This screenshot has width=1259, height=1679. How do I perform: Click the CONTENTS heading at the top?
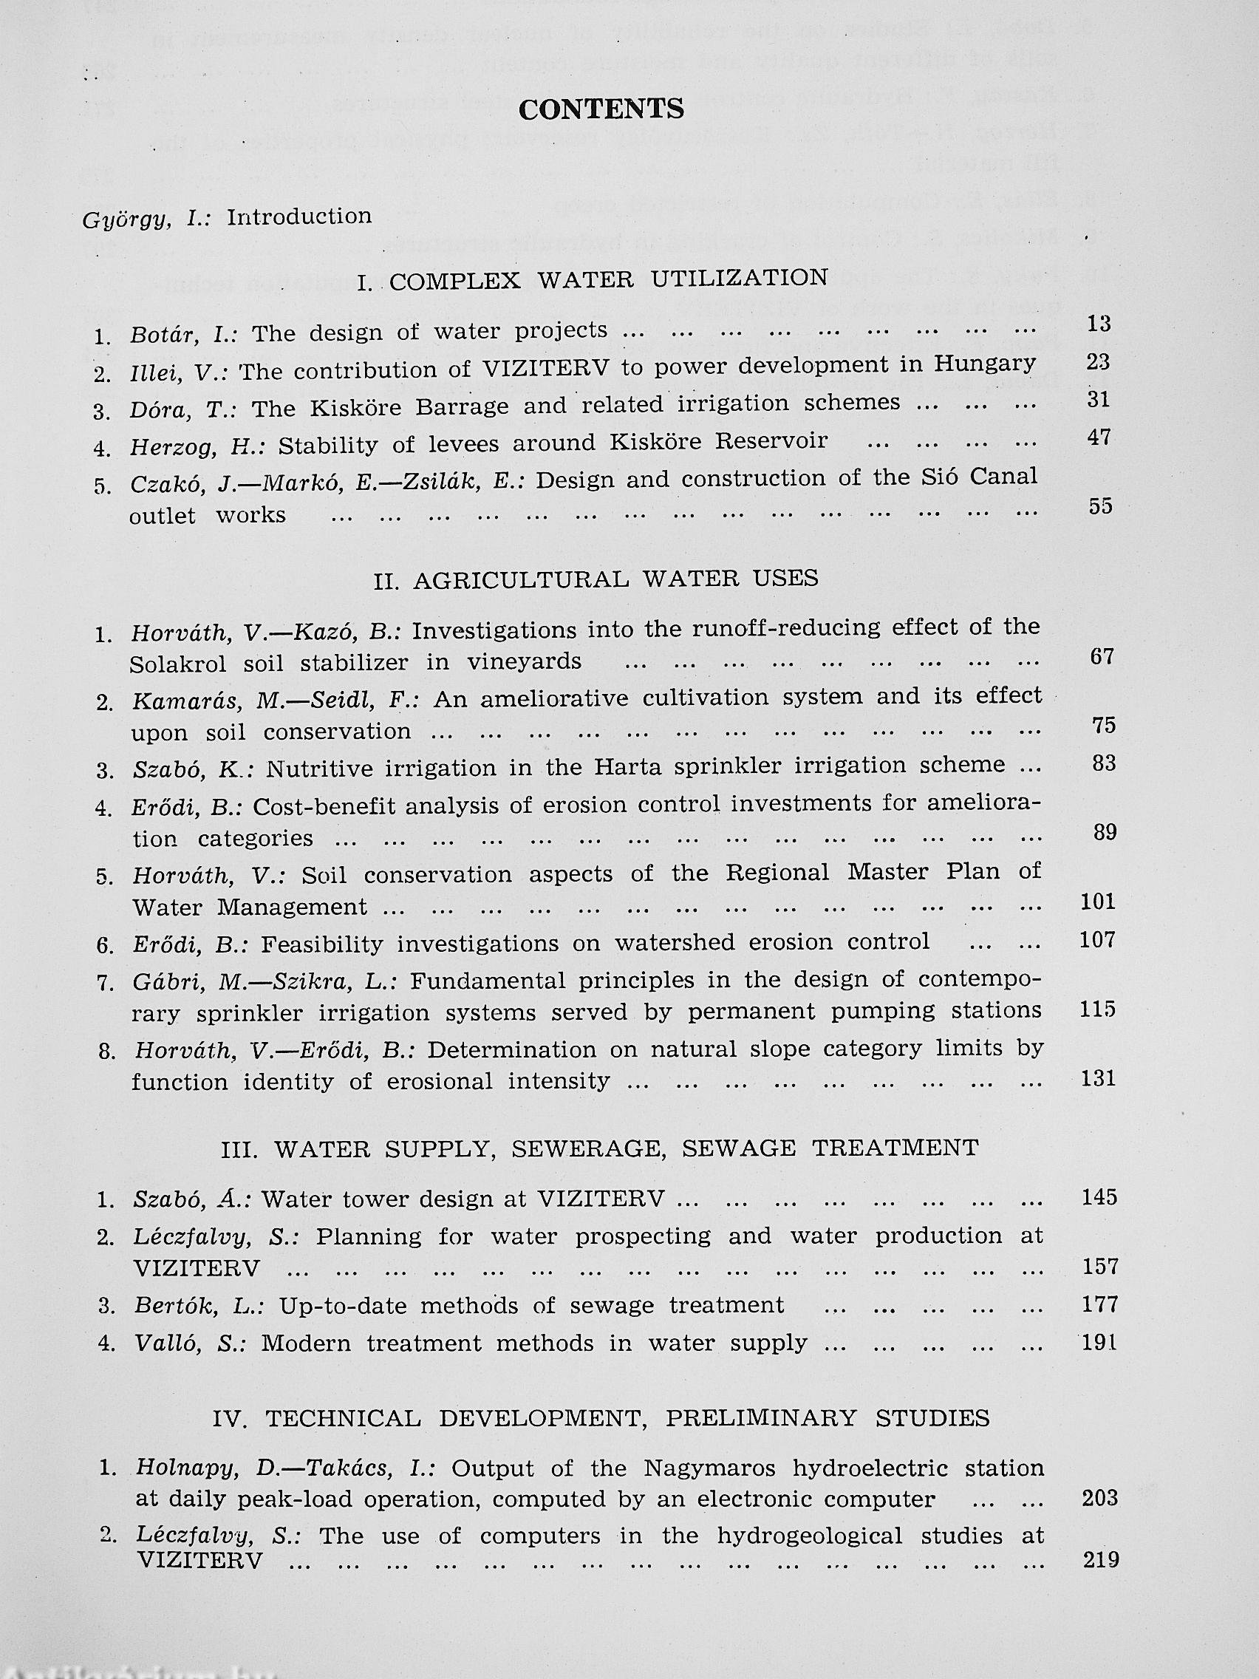pos(601,109)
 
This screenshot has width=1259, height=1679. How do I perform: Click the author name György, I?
pos(143,220)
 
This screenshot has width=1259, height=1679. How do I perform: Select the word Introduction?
pos(299,217)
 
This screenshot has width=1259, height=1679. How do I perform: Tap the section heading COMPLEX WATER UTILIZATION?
pos(607,279)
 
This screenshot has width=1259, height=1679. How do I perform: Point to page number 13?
pos(1098,324)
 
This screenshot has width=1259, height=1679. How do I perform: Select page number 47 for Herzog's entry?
pos(1098,438)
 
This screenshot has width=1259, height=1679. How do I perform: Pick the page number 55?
pos(1099,507)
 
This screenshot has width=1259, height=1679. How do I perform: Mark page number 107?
pos(1097,941)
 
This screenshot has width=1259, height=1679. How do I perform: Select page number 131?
pos(1098,1079)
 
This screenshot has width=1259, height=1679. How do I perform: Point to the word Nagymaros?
pos(709,1468)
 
